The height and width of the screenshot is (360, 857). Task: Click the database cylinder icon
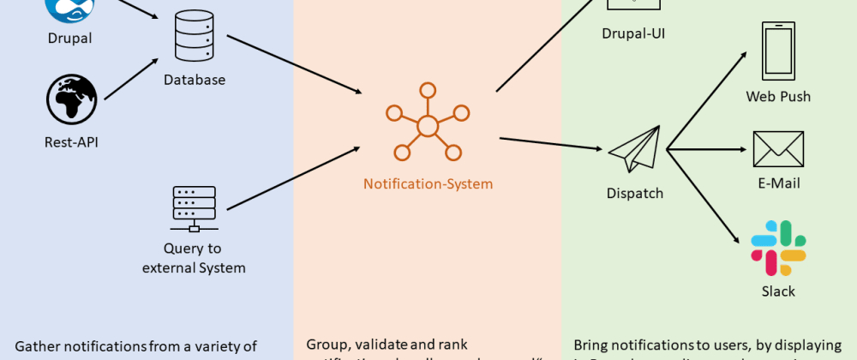(x=195, y=36)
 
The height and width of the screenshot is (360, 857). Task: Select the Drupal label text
(x=70, y=39)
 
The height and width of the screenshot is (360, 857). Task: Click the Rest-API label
(x=72, y=141)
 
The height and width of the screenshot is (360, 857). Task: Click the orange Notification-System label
(x=428, y=183)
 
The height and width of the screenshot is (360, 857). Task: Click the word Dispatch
(x=635, y=193)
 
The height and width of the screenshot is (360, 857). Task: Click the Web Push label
(x=778, y=96)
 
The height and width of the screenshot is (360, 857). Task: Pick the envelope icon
(x=778, y=149)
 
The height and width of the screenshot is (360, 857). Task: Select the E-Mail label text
(x=778, y=183)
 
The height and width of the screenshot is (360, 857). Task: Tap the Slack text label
(x=778, y=291)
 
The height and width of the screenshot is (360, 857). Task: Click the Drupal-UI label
(x=634, y=33)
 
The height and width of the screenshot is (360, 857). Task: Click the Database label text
(x=195, y=80)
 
